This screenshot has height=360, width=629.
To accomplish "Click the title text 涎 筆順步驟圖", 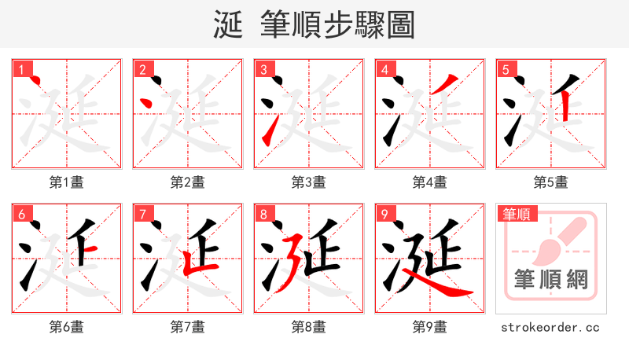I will pos(314,24).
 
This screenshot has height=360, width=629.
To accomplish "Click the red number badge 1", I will pos(21,69).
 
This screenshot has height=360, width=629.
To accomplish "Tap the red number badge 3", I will pos(263,69).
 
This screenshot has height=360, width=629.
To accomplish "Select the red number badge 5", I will pos(506,69).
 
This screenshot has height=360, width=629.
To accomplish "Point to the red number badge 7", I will pos(142,214).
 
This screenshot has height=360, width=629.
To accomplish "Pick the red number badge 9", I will pos(384,214).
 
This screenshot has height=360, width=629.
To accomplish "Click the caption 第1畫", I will pos(67,182).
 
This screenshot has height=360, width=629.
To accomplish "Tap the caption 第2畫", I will pos(188,182).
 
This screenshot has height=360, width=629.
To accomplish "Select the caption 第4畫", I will pos(430,182).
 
